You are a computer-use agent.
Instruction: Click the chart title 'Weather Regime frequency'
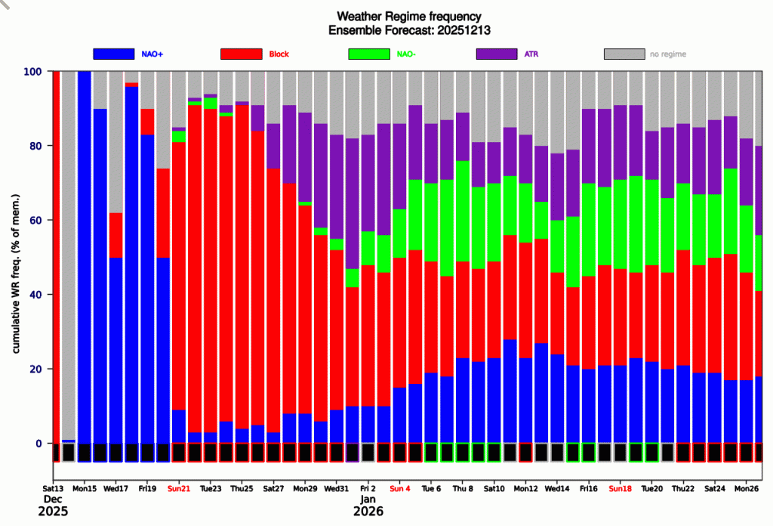[408, 16]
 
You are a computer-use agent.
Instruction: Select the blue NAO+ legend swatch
[113, 54]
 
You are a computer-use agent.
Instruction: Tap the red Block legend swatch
[241, 54]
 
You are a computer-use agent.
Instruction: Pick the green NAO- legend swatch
[369, 54]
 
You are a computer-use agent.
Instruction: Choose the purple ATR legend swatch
[497, 54]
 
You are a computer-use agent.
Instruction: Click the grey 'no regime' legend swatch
[624, 54]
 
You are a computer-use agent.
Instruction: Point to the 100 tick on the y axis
[33, 72]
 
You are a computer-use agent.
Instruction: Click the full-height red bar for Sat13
[56, 257]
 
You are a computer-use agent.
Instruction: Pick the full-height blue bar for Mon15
[85, 257]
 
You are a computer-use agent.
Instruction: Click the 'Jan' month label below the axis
[368, 500]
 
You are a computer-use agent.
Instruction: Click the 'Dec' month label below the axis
[53, 500]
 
